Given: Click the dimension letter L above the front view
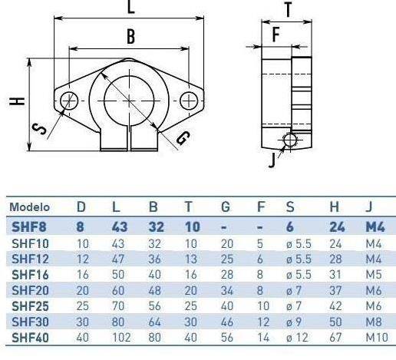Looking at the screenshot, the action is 130,7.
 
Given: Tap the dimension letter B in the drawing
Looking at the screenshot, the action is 130,36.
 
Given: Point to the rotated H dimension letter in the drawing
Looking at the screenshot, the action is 17,101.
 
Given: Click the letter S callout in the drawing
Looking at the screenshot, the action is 39,129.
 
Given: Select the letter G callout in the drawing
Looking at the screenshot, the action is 183,138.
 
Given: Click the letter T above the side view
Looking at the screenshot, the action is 289,10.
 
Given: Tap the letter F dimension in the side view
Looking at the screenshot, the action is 276,35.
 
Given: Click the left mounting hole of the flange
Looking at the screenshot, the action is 69,101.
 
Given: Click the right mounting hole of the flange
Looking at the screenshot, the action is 189,101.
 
